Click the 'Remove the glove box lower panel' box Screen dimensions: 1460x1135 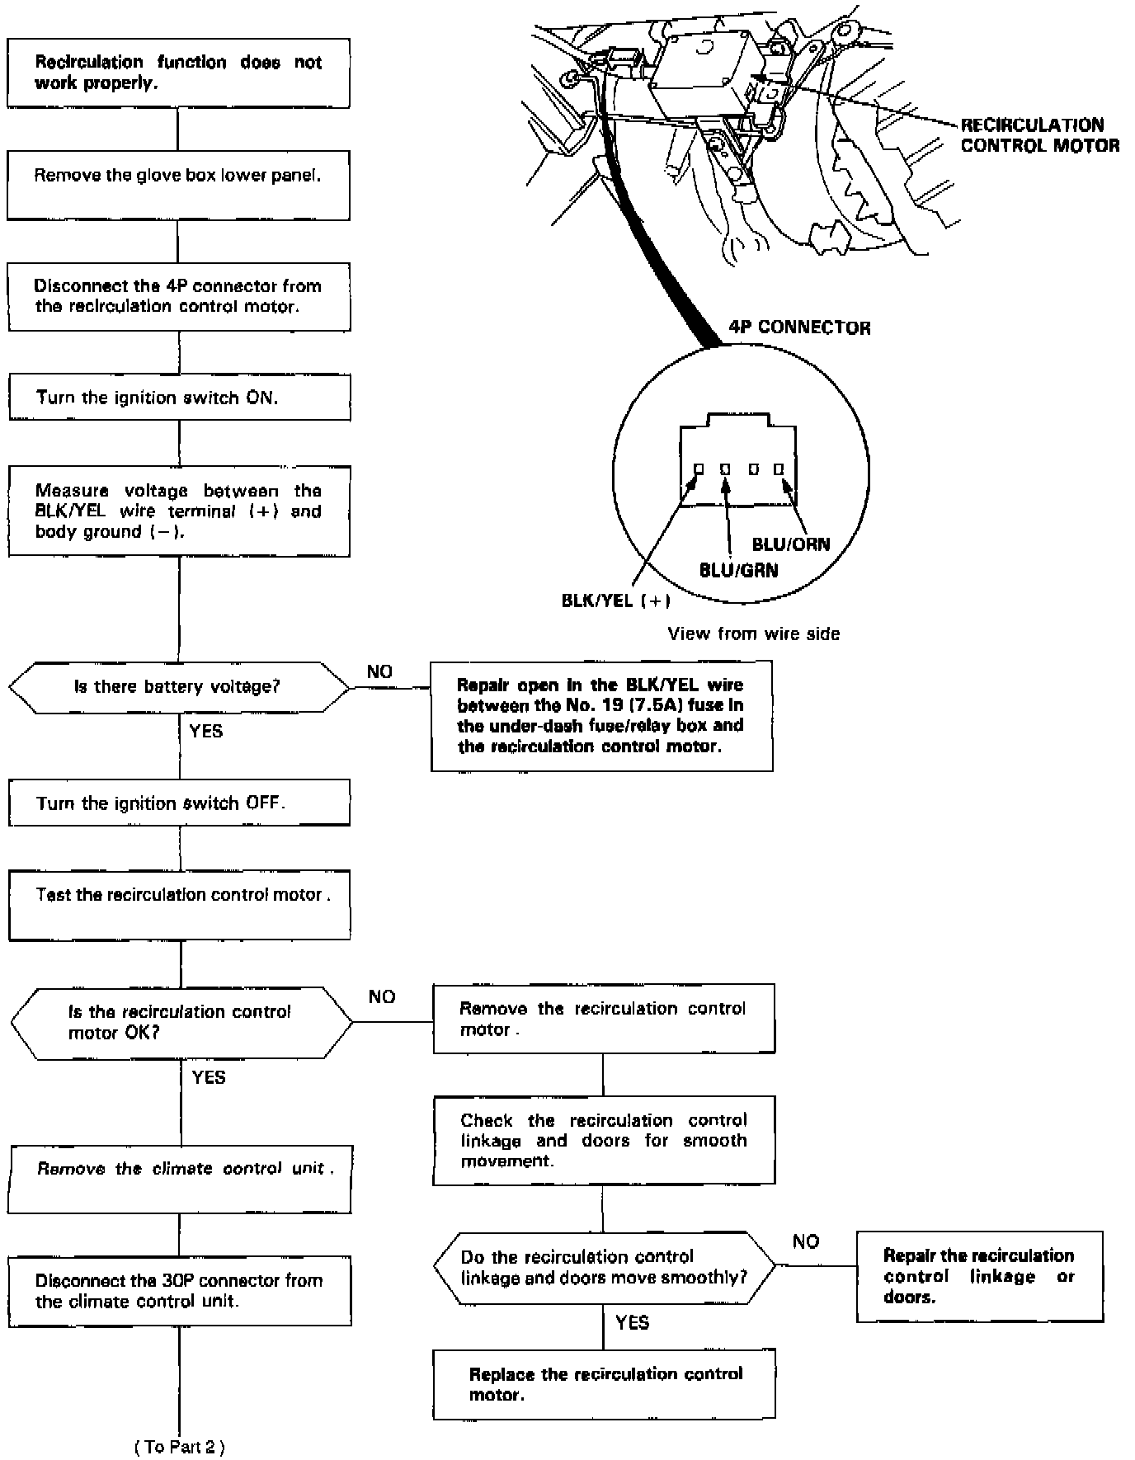click(x=178, y=185)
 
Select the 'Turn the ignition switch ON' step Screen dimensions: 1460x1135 click(x=179, y=398)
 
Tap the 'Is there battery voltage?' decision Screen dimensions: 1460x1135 click(x=179, y=686)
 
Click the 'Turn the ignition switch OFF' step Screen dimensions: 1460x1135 click(x=179, y=803)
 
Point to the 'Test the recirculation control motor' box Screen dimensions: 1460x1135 click(x=179, y=904)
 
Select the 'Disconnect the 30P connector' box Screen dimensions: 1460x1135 click(x=179, y=1291)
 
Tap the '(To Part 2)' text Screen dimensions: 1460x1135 click(x=179, y=1446)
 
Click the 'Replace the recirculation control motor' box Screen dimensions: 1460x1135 click(x=604, y=1384)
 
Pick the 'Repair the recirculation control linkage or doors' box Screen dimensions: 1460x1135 click(x=978, y=1276)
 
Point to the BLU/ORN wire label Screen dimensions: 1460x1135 click(x=790, y=544)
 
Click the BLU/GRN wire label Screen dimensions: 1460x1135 click(x=738, y=570)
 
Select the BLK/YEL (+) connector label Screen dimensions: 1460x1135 click(x=615, y=600)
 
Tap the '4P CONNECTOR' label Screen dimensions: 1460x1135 click(x=799, y=327)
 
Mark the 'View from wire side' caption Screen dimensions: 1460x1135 click(x=753, y=633)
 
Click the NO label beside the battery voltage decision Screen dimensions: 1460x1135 click(x=379, y=671)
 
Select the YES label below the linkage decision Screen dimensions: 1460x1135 click(x=632, y=1322)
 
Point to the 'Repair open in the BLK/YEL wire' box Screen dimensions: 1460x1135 click(x=601, y=715)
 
